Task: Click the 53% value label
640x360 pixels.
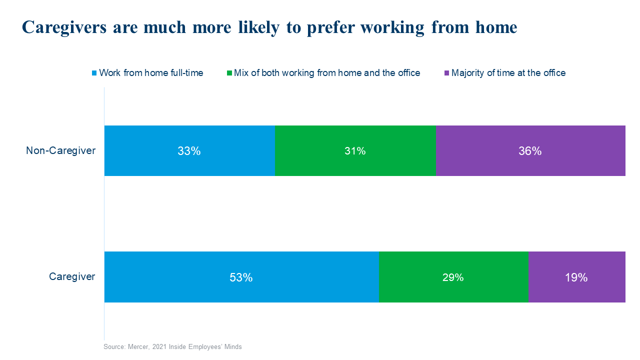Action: (241, 277)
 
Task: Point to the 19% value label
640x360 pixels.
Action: (576, 277)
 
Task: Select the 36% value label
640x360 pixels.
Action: (530, 151)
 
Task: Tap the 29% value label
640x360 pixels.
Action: (453, 277)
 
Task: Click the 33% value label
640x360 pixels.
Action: (189, 151)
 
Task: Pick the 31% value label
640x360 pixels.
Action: (355, 151)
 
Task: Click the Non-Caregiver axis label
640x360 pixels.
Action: (60, 150)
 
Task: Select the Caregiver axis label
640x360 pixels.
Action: (72, 276)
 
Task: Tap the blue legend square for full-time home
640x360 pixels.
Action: (93, 73)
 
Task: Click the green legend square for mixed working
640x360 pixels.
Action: (229, 73)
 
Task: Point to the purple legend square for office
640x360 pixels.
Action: (446, 73)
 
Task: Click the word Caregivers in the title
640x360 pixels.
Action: (64, 27)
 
